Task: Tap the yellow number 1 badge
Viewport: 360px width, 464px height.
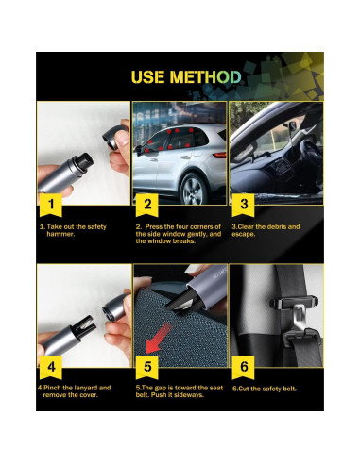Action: click(x=52, y=203)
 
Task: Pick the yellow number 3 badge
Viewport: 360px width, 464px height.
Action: click(x=244, y=203)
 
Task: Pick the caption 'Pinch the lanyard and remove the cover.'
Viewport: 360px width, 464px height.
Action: click(x=76, y=391)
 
